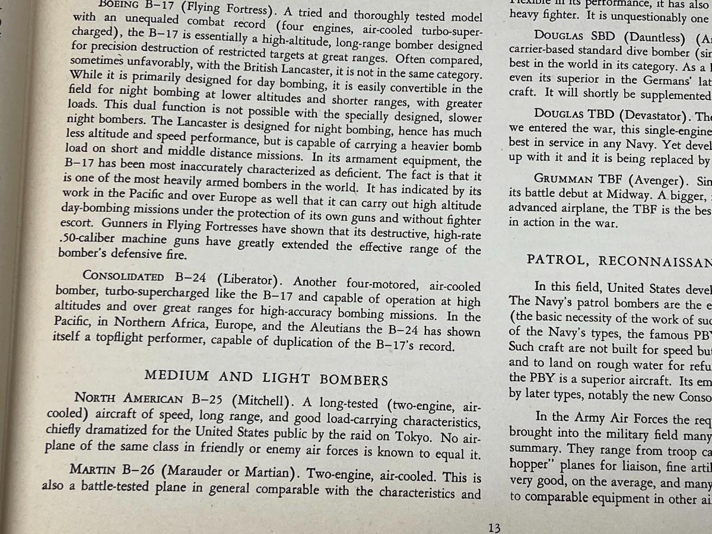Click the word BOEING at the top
click(120, 5)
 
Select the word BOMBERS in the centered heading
click(354, 380)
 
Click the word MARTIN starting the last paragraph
click(91, 469)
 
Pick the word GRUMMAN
click(560, 178)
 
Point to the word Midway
click(640, 194)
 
